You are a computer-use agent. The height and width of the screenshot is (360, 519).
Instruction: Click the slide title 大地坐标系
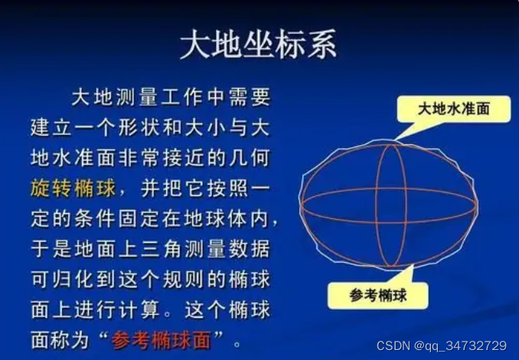[x=259, y=44]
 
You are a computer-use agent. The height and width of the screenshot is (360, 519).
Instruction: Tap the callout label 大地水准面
[x=453, y=109]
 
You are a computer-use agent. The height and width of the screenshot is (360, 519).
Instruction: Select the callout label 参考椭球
[x=377, y=296]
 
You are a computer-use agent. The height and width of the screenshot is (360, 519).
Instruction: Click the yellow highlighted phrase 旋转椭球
[x=73, y=188]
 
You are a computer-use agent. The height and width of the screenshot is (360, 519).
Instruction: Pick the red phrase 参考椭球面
[x=161, y=340]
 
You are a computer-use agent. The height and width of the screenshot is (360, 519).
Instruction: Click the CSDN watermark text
[x=393, y=345]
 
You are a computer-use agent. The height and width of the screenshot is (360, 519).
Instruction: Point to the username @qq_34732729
[x=460, y=346]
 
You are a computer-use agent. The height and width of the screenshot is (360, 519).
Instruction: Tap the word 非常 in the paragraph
[x=139, y=157]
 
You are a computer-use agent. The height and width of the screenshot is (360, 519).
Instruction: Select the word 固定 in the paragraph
[x=139, y=218]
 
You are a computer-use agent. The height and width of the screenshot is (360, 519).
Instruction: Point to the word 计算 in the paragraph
[x=139, y=309]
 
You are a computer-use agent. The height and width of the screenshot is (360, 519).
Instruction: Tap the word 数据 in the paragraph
[x=250, y=249]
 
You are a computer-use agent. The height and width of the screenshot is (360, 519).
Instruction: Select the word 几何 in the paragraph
[x=250, y=157]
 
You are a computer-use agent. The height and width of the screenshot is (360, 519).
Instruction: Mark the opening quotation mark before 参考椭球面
[x=103, y=335]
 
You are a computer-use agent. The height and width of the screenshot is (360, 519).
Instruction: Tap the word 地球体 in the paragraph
[x=216, y=218]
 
